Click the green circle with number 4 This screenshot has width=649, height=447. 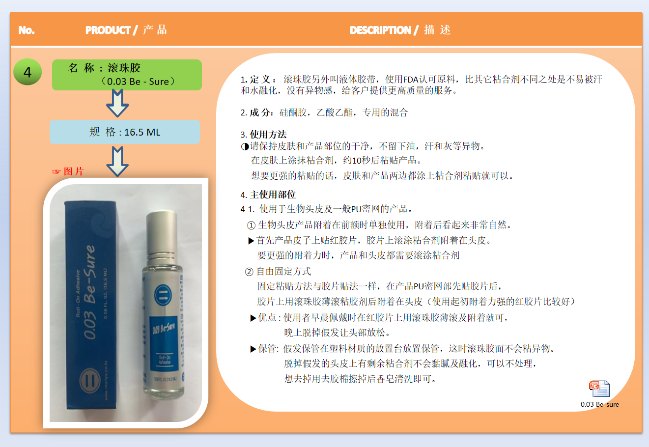[x=28, y=72]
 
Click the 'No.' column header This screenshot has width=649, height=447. [x=27, y=30]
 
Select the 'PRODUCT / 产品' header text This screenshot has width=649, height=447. [x=126, y=30]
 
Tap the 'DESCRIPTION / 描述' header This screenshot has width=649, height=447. [x=400, y=30]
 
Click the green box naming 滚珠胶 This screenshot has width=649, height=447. [x=127, y=75]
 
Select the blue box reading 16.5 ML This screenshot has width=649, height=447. [x=125, y=132]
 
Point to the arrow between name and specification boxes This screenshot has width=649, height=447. [x=117, y=103]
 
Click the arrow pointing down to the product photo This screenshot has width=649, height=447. [x=117, y=161]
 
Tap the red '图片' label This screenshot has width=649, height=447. [x=74, y=171]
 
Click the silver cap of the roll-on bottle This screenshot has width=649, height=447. [x=162, y=234]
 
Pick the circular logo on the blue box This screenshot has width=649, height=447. [x=89, y=381]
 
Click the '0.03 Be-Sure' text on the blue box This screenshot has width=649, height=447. [x=89, y=292]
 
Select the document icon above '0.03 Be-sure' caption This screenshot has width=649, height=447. [x=599, y=389]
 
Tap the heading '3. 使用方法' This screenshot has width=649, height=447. [x=263, y=135]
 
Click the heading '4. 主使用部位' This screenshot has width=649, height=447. [x=268, y=195]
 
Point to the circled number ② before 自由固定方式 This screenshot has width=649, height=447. [x=249, y=272]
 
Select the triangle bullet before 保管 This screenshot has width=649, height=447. [x=253, y=349]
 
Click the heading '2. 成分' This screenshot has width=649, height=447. [x=257, y=112]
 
